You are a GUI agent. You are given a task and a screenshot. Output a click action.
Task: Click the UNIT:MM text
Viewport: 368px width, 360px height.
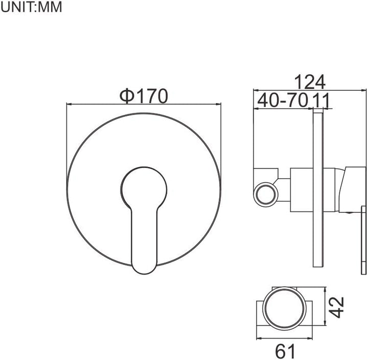pos(31,8)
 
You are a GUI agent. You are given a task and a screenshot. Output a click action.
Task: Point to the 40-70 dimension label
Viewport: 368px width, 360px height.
pos(282,100)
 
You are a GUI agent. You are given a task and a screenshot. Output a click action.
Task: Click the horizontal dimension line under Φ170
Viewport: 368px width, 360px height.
pos(144,105)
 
